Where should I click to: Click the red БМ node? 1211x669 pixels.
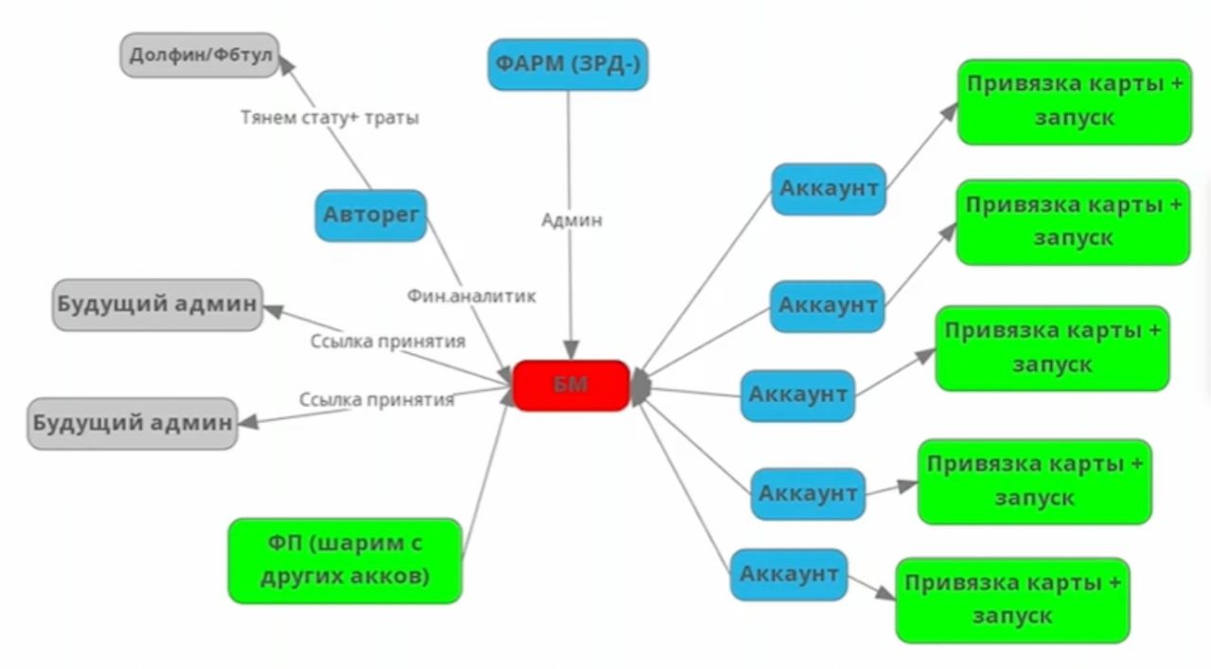click(571, 385)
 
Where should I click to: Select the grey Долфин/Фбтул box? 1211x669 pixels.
click(201, 55)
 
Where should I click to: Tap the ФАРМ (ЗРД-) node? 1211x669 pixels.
click(568, 64)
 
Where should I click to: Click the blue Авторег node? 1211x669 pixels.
click(371, 215)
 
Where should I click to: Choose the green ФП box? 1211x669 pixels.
click(344, 560)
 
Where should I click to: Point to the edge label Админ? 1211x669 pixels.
click(571, 220)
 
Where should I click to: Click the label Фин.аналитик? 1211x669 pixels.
click(471, 296)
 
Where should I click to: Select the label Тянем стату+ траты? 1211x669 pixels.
click(329, 118)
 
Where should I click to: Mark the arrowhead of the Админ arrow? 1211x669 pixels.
click(570, 349)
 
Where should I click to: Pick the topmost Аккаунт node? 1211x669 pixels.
click(829, 188)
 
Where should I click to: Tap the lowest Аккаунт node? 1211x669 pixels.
click(789, 574)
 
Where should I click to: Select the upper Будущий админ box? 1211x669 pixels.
click(157, 305)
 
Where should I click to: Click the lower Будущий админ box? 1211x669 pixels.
click(132, 423)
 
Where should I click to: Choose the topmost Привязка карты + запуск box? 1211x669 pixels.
click(1074, 101)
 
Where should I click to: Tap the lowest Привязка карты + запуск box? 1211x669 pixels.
click(1012, 600)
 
